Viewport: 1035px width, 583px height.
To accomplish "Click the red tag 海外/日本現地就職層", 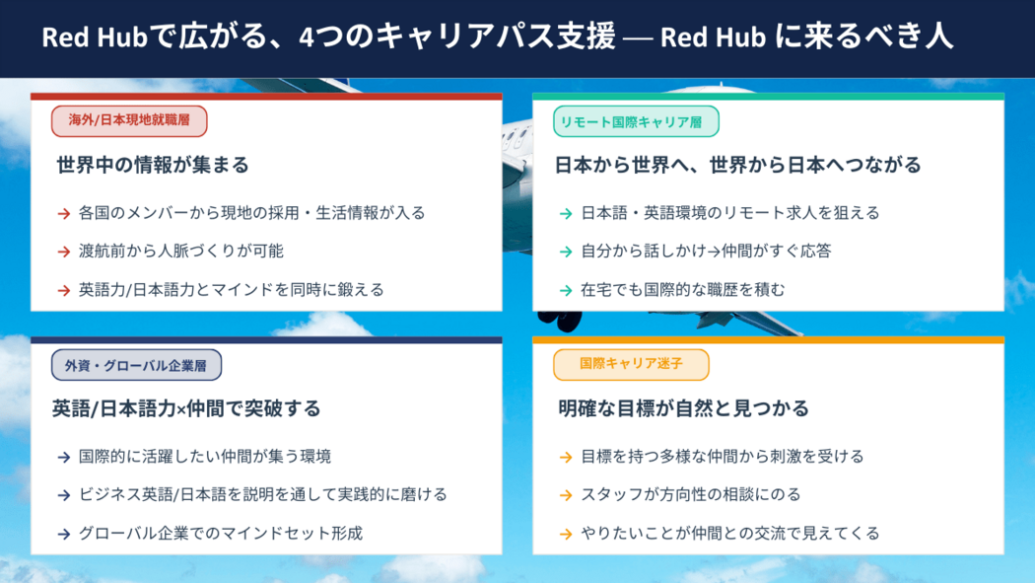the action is (129, 120).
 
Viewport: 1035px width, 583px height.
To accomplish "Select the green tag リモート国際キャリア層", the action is (636, 121).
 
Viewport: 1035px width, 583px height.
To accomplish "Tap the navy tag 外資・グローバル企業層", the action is (137, 365).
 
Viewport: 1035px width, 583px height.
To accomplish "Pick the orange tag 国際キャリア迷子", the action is (631, 364).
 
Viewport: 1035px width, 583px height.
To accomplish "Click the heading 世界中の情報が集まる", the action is (153, 165).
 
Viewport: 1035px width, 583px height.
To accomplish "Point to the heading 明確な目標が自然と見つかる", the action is (683, 408).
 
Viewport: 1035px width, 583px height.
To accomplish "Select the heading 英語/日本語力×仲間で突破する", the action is (186, 408).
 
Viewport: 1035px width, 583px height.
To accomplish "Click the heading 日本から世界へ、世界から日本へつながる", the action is (737, 165).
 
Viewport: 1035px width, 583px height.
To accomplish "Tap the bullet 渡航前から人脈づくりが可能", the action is (180, 251).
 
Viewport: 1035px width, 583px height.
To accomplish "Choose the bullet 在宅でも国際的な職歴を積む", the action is (682, 289).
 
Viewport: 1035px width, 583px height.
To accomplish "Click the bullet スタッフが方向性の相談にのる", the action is (690, 494).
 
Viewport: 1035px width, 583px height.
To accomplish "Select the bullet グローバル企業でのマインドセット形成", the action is (221, 533).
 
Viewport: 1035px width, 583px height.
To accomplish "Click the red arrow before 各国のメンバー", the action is (64, 213).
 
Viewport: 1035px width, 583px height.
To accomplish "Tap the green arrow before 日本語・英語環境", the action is (566, 213).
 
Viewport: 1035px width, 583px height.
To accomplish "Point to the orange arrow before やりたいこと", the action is (566, 534).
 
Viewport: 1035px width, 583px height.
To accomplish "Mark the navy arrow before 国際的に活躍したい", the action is (64, 457).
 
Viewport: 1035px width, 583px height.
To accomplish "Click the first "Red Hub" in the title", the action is (95, 36).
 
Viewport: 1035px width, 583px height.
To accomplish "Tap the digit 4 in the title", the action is (306, 37).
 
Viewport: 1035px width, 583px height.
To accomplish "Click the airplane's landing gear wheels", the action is (560, 321).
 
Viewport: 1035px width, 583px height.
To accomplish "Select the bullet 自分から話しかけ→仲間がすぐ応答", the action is (706, 251).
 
